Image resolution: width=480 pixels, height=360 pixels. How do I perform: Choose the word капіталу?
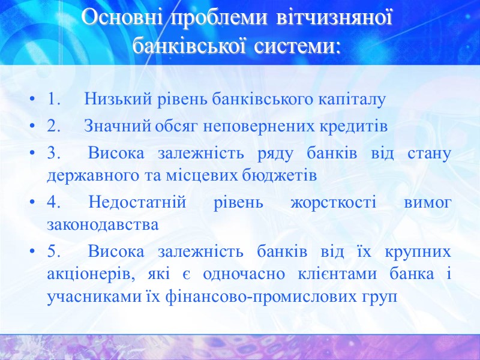click(x=353, y=100)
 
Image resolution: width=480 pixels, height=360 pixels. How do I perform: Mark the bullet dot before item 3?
click(x=32, y=154)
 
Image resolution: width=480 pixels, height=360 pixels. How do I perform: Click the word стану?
click(x=430, y=153)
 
